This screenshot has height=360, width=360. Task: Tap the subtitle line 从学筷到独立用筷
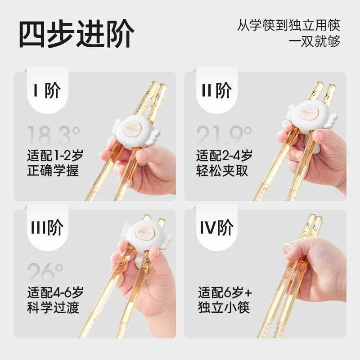[x=288, y=25]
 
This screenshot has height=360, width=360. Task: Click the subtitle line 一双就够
[x=314, y=41]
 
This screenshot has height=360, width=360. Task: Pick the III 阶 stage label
[x=47, y=229]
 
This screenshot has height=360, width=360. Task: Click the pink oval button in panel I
[x=135, y=128]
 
